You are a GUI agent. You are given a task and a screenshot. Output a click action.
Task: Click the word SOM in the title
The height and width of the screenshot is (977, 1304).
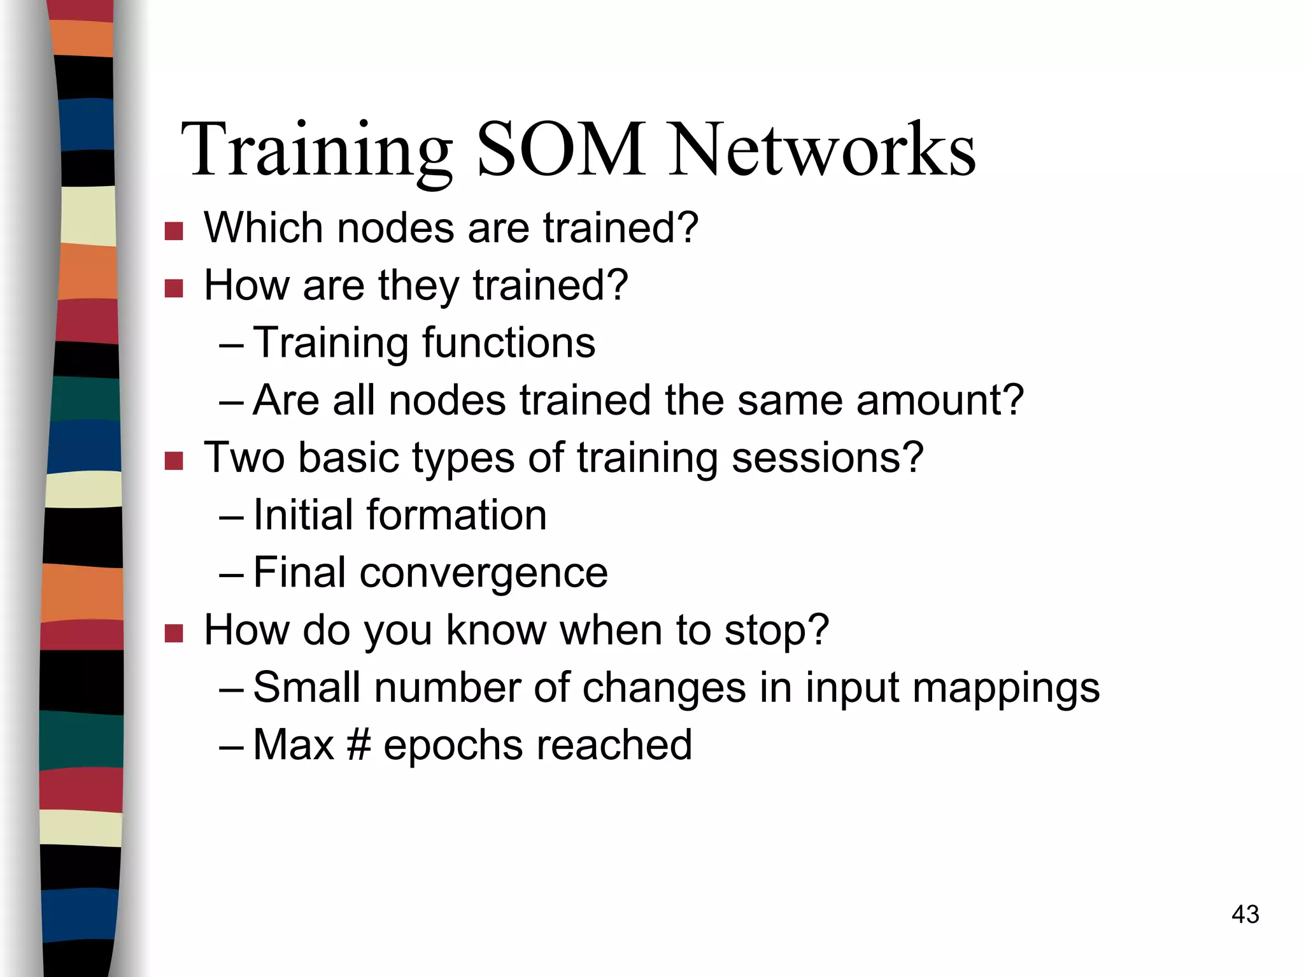pyautogui.click(x=560, y=150)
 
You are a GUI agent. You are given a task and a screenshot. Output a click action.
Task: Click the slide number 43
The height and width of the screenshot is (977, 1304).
pyautogui.click(x=1245, y=915)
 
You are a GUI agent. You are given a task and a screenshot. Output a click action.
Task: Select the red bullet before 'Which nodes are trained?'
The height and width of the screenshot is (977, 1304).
pyautogui.click(x=173, y=231)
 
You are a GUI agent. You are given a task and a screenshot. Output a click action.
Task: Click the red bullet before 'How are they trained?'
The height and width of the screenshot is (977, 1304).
pyautogui.click(x=173, y=288)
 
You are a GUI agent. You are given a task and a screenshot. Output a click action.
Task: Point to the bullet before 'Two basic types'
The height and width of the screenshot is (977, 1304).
pyautogui.click(x=173, y=460)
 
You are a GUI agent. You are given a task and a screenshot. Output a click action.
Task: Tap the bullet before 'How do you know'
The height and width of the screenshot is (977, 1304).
pyautogui.click(x=173, y=633)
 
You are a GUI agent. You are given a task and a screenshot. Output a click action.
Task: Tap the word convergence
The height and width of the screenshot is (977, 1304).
pyautogui.click(x=483, y=573)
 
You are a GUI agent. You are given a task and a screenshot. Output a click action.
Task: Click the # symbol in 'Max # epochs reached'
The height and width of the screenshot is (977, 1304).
pyautogui.click(x=358, y=745)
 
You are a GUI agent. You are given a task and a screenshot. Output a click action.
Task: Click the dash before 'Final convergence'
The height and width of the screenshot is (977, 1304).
pyautogui.click(x=230, y=574)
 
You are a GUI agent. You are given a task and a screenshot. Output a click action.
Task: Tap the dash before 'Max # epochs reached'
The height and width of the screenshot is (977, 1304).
pyautogui.click(x=230, y=746)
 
